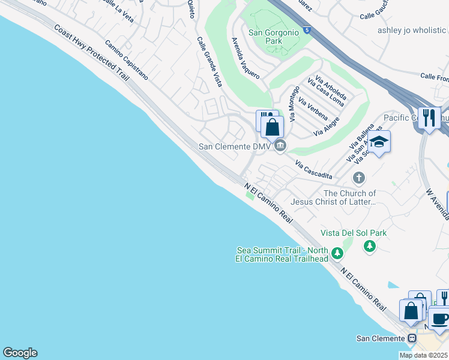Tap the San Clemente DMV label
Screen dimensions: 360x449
[x=235, y=146]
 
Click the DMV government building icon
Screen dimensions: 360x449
[x=280, y=146]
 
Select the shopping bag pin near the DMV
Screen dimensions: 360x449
[x=272, y=128]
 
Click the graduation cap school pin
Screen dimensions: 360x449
[x=378, y=143]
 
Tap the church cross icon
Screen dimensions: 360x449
[x=359, y=178]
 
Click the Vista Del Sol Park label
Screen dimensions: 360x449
[x=354, y=233]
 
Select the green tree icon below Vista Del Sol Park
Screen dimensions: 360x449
[x=370, y=245]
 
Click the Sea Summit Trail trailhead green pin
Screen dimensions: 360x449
[x=337, y=254]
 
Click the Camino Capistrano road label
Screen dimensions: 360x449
[x=127, y=61]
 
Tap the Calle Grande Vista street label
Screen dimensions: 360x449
[x=209, y=61]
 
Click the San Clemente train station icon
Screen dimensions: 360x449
[x=412, y=338]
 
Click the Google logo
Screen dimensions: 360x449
[x=20, y=353]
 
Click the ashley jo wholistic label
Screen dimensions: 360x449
[x=412, y=30]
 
